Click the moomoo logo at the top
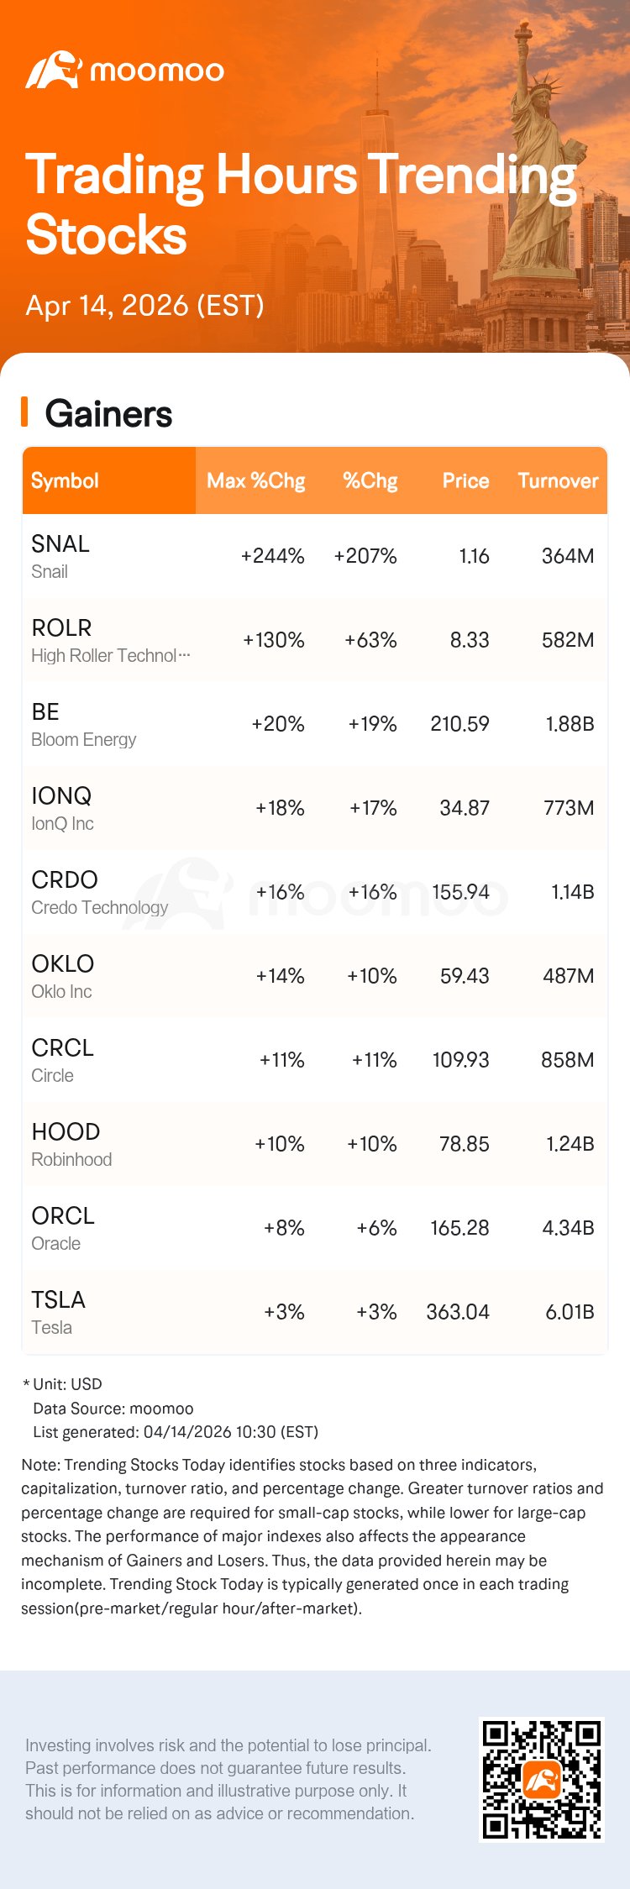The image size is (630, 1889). click(124, 71)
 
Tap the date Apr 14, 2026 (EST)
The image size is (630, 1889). click(144, 305)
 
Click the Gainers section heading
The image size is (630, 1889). click(108, 414)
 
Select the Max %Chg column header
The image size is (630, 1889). click(255, 480)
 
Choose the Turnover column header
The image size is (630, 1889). click(558, 480)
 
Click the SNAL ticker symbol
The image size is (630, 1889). click(60, 543)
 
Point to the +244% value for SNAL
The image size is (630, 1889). click(272, 556)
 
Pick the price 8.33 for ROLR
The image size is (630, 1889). click(469, 640)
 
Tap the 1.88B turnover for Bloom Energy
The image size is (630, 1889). click(570, 724)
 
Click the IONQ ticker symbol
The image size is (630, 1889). click(61, 795)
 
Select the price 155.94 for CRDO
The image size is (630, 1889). click(460, 892)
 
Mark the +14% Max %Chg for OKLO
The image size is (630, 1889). click(280, 976)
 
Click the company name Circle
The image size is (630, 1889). click(52, 1075)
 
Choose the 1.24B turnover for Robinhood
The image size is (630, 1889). click(570, 1144)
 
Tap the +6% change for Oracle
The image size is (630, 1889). click(375, 1228)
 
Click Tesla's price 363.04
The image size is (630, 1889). click(458, 1312)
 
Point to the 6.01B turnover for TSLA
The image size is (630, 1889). click(570, 1312)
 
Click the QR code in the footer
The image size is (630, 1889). click(541, 1780)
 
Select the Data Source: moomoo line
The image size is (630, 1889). click(113, 1409)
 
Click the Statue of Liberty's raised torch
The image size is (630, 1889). click(523, 34)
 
